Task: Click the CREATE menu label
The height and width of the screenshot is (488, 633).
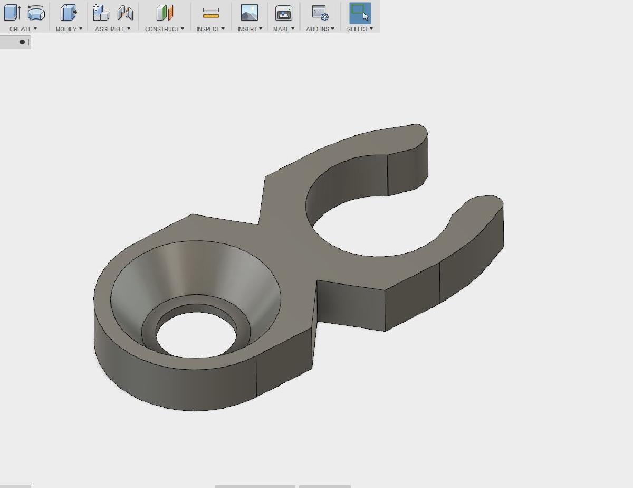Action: click(21, 29)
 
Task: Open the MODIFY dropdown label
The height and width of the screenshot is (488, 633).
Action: click(66, 29)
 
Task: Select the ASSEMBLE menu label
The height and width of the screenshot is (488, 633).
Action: click(110, 29)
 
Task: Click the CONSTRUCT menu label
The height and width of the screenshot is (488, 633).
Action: click(162, 29)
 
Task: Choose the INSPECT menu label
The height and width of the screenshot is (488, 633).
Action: click(208, 29)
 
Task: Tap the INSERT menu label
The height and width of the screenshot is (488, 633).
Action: click(247, 29)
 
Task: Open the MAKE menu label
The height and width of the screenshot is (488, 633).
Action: click(281, 29)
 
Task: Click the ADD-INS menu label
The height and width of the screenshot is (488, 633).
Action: click(318, 29)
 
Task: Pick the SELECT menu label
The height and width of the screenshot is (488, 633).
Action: click(358, 29)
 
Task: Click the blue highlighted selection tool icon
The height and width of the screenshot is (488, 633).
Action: click(360, 13)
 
